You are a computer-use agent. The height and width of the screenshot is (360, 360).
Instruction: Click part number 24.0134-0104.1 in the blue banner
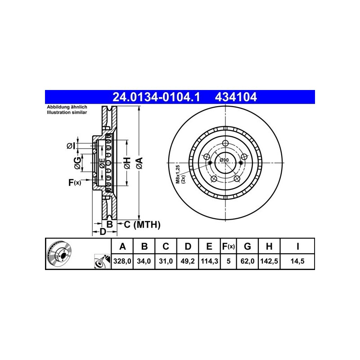(156, 97)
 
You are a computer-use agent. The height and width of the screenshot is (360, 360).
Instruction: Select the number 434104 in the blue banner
(236, 97)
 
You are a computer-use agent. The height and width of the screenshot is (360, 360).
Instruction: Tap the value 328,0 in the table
(122, 261)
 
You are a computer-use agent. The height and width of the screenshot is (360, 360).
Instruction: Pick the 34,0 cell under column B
(144, 261)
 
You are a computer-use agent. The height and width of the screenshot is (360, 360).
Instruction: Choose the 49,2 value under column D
(188, 261)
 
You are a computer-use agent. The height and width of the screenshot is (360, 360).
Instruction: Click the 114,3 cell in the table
(209, 261)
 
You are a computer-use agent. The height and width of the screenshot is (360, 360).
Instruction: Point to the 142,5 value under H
(269, 261)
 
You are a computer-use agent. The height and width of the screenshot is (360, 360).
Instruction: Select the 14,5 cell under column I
(297, 261)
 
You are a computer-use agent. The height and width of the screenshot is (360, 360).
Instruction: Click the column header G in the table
(247, 246)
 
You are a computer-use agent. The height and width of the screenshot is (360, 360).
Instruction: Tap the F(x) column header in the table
(229, 246)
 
